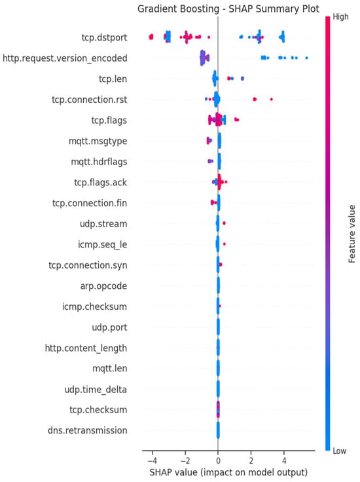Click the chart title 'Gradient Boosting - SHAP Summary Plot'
(x=228, y=9)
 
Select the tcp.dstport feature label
(x=104, y=37)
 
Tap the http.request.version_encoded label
(x=65, y=58)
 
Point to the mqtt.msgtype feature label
(x=98, y=141)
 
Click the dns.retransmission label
(x=87, y=430)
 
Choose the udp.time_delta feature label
(x=96, y=390)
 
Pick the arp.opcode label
(x=103, y=286)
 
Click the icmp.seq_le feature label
(x=102, y=245)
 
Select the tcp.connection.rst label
(x=90, y=100)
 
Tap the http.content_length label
(x=86, y=348)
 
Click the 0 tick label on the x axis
(x=218, y=460)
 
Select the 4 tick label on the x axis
(x=284, y=460)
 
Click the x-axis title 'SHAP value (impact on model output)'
(x=228, y=472)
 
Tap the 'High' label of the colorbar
(x=340, y=16)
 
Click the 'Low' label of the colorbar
(x=340, y=451)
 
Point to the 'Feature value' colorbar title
(x=351, y=234)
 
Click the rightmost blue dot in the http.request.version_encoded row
(x=306, y=58)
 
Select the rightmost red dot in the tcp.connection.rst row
(x=271, y=100)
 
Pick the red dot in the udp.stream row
(x=224, y=223)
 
